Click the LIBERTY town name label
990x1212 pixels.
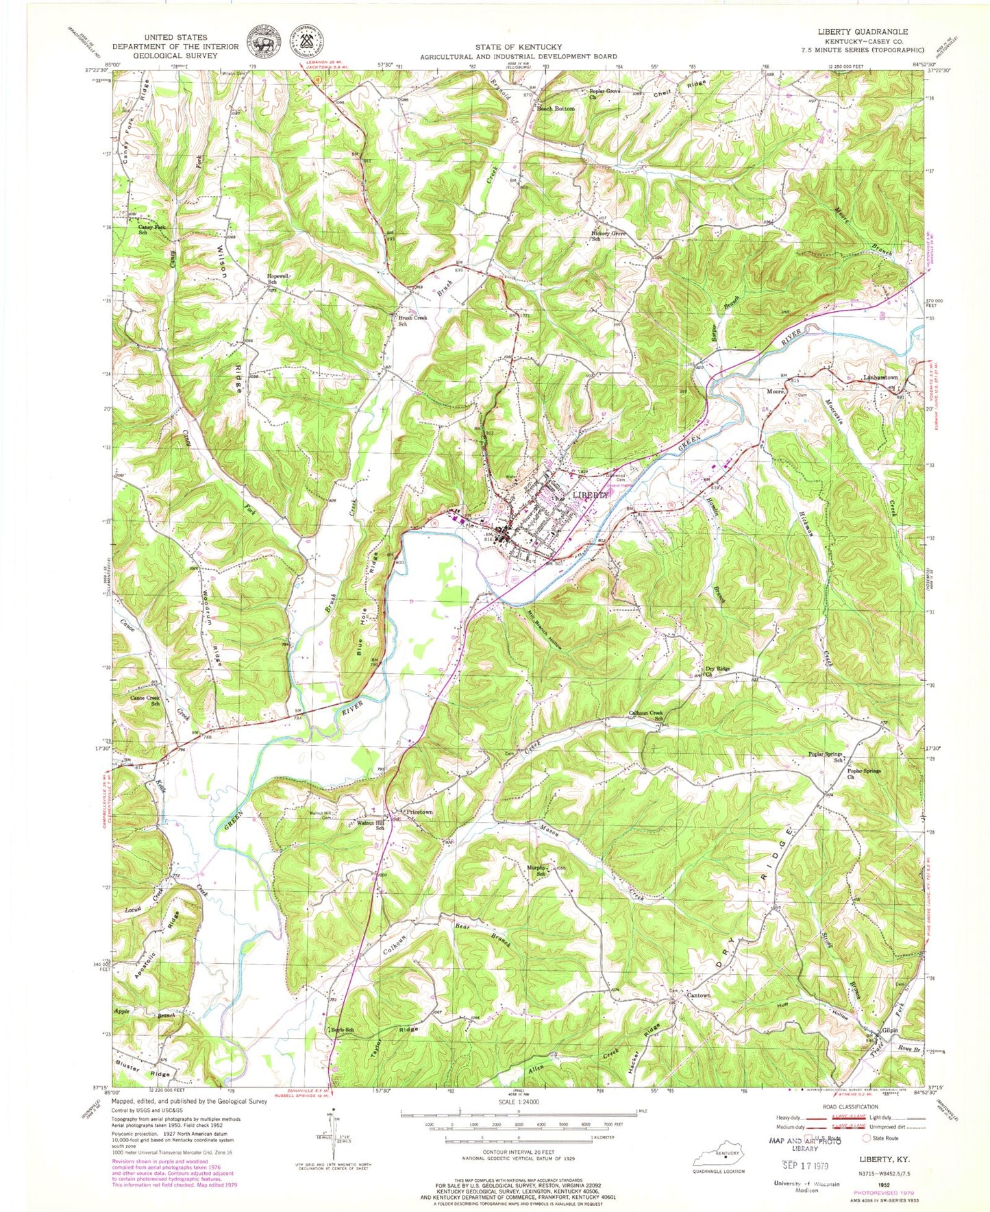click(590, 494)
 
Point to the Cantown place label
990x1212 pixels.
click(698, 995)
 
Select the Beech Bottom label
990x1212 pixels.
click(555, 109)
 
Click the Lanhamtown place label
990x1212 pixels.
click(880, 378)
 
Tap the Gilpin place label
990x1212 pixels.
click(890, 1030)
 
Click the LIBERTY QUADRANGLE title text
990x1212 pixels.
click(862, 32)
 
